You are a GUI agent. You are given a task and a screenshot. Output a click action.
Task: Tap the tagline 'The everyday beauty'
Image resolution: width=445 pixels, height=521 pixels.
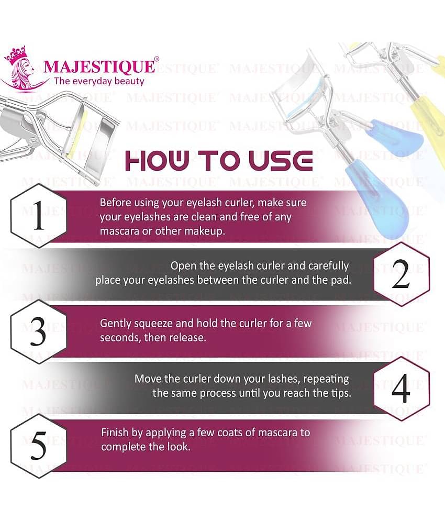[x=99, y=81]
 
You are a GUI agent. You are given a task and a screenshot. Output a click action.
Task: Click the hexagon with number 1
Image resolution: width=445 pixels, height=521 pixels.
[x=38, y=219]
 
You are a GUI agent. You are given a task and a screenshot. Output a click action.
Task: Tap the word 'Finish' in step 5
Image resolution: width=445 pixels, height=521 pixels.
[x=115, y=433]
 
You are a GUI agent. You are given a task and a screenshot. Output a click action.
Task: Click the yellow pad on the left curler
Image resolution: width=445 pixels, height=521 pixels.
[x=73, y=134]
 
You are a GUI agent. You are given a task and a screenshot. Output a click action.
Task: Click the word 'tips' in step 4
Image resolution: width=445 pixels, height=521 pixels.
[x=339, y=392]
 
